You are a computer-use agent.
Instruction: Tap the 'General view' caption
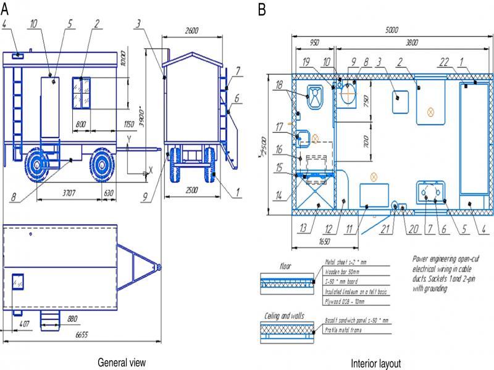[x=122, y=362]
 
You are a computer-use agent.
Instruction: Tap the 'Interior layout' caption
[x=375, y=363]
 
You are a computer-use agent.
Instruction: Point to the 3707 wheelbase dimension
[x=69, y=193]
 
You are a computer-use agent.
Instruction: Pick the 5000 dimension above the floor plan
[x=391, y=30]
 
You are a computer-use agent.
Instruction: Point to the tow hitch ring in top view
[x=159, y=267]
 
